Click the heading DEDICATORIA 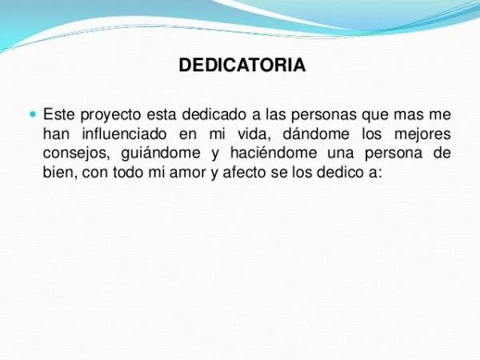pos(241,65)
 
